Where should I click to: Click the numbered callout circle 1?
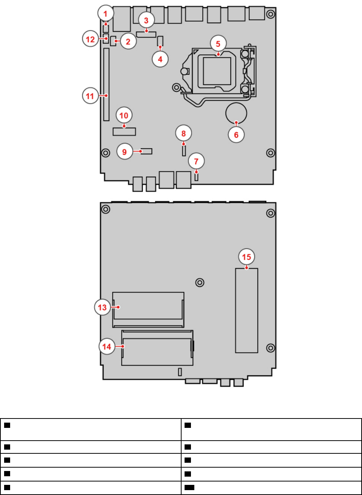[105, 13]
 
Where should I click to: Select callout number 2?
[128, 42]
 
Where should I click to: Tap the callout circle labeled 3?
[146, 20]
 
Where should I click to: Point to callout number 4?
[160, 59]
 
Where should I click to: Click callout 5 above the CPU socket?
[218, 43]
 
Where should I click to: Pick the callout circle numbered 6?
[236, 135]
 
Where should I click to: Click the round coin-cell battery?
[236, 113]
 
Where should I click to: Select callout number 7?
[196, 161]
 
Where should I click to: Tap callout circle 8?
[183, 133]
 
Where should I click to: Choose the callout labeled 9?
[125, 151]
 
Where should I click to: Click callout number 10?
[124, 115]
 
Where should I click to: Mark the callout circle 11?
[90, 96]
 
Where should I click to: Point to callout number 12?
[90, 39]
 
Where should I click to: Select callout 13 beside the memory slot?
[102, 307]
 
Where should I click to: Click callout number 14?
[107, 346]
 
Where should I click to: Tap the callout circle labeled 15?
[246, 257]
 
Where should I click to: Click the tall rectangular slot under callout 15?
[246, 310]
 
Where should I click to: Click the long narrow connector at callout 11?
[106, 84]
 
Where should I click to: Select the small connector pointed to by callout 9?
[147, 151]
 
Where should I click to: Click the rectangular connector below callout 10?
[124, 132]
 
